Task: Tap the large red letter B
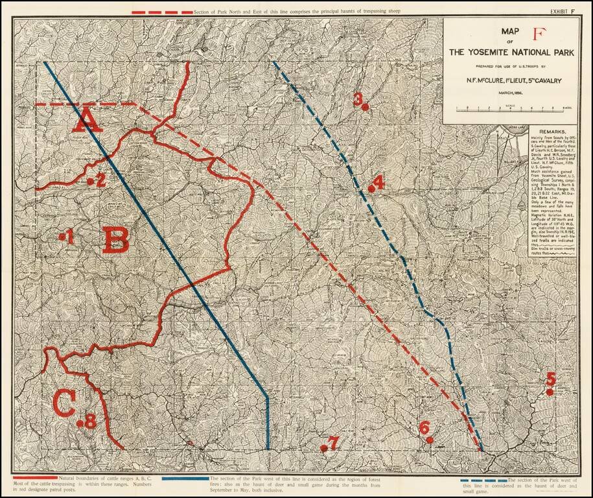pyautogui.click(x=116, y=239)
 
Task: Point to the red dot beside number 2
pyautogui.click(x=91, y=182)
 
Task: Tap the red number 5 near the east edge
pyautogui.click(x=551, y=378)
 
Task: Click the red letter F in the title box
pyautogui.click(x=537, y=35)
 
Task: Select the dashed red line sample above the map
pyautogui.click(x=162, y=12)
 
